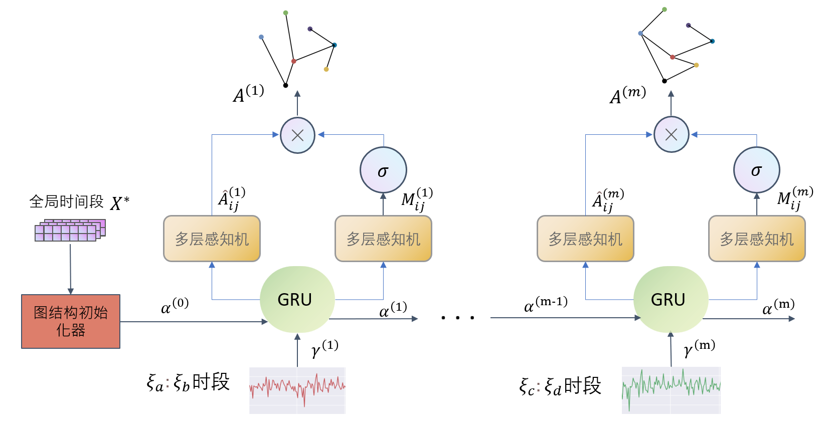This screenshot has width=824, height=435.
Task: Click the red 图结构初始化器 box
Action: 71,321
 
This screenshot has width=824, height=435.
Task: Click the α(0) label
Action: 175,306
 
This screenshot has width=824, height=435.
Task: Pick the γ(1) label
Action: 324,348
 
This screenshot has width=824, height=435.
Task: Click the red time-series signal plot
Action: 297,390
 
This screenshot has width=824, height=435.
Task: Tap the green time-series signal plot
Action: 671,390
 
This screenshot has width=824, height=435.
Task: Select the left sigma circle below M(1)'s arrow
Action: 383,170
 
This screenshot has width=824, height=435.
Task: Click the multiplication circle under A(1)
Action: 297,135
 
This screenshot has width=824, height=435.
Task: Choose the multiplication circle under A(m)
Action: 671,134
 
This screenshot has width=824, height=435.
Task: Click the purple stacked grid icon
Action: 70,231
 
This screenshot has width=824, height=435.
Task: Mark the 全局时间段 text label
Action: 66,202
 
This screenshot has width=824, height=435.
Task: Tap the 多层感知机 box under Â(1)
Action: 212,239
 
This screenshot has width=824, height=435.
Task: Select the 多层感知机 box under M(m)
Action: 757,239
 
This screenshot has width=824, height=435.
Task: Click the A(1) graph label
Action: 248,94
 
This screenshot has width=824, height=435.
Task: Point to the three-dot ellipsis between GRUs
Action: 457,318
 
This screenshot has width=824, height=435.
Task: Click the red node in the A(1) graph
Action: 294,61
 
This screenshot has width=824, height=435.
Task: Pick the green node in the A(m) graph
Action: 665,10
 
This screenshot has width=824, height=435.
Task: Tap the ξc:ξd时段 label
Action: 560,386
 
